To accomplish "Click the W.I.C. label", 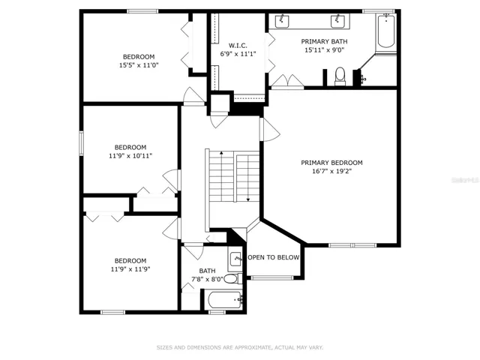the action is [x=238, y=46].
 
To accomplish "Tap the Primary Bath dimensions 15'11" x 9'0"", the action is [x=325, y=50].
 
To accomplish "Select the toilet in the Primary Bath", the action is [x=340, y=76].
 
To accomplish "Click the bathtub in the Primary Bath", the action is [x=386, y=31].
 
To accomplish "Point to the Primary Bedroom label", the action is [x=331, y=163].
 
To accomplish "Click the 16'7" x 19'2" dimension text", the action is [x=331, y=171].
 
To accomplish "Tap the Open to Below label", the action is [x=274, y=257].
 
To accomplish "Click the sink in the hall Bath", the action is [x=235, y=259].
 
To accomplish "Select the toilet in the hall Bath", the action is [x=233, y=279].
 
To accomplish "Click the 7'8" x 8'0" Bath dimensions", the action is [x=207, y=279].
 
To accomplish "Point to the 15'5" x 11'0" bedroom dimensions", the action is [x=139, y=65].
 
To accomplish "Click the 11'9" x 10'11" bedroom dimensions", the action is [x=130, y=156].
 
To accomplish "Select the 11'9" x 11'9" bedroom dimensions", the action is [x=130, y=269].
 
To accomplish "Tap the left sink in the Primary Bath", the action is [x=282, y=21].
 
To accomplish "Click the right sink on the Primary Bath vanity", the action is [x=338, y=21].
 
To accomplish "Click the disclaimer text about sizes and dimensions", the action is [x=240, y=347].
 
